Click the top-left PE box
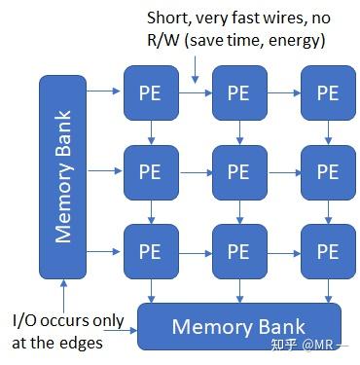click(151, 93)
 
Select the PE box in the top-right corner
click(327, 93)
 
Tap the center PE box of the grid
click(239, 172)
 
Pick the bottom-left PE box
click(151, 251)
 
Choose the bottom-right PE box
click(327, 251)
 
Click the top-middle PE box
click(239, 93)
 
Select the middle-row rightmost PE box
click(327, 172)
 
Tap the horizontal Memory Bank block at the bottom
click(238, 326)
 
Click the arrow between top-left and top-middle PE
click(195, 93)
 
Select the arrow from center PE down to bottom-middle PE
click(239, 212)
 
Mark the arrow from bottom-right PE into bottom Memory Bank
click(327, 291)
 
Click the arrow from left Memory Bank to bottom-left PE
click(105, 251)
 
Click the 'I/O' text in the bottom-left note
click(26, 320)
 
